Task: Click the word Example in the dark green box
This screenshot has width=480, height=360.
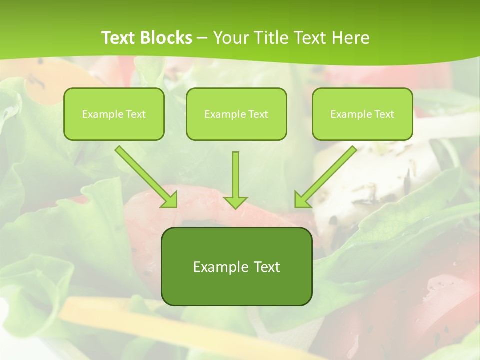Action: pyautogui.click(x=220, y=267)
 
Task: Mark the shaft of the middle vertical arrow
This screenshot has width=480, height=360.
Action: pyautogui.click(x=235, y=172)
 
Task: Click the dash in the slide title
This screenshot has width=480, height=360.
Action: pyautogui.click(x=202, y=38)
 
